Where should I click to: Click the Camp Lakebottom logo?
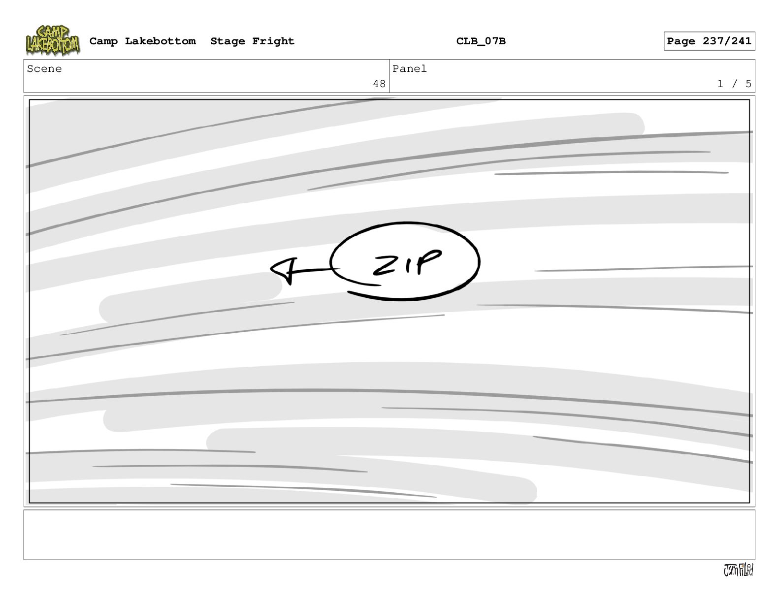tap(53, 40)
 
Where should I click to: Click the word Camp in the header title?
tap(103, 41)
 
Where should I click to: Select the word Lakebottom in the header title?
tap(160, 41)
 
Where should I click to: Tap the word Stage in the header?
tap(227, 41)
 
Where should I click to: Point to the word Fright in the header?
tap(273, 41)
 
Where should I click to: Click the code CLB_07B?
tap(481, 41)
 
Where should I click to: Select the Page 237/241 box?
tap(709, 41)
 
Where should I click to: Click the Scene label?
tap(44, 68)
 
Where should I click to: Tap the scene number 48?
tap(379, 84)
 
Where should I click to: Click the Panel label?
tap(409, 68)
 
